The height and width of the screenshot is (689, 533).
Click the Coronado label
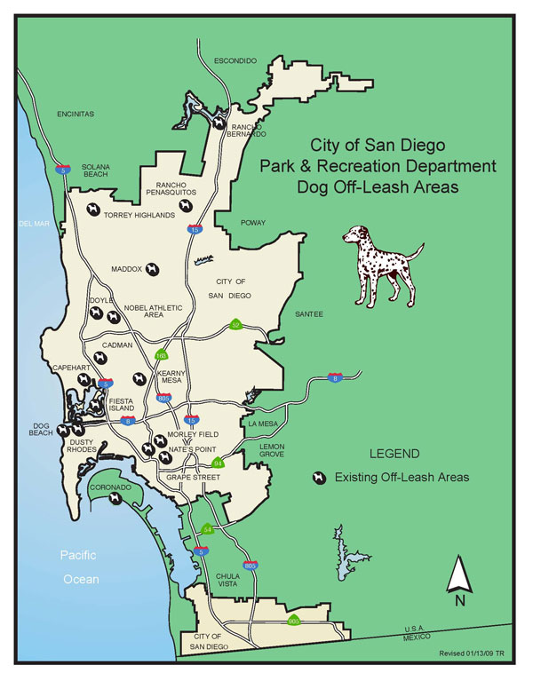click(x=113, y=487)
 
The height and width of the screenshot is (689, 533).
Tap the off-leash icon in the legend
click(x=318, y=478)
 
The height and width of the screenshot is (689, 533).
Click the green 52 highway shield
click(x=236, y=325)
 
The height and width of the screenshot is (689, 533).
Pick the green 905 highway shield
click(x=294, y=622)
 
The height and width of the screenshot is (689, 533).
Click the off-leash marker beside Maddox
click(x=153, y=267)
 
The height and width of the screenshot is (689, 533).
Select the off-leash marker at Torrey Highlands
click(x=92, y=210)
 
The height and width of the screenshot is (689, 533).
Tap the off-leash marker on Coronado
click(x=115, y=499)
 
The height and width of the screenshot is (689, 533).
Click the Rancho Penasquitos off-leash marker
click(x=185, y=205)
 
